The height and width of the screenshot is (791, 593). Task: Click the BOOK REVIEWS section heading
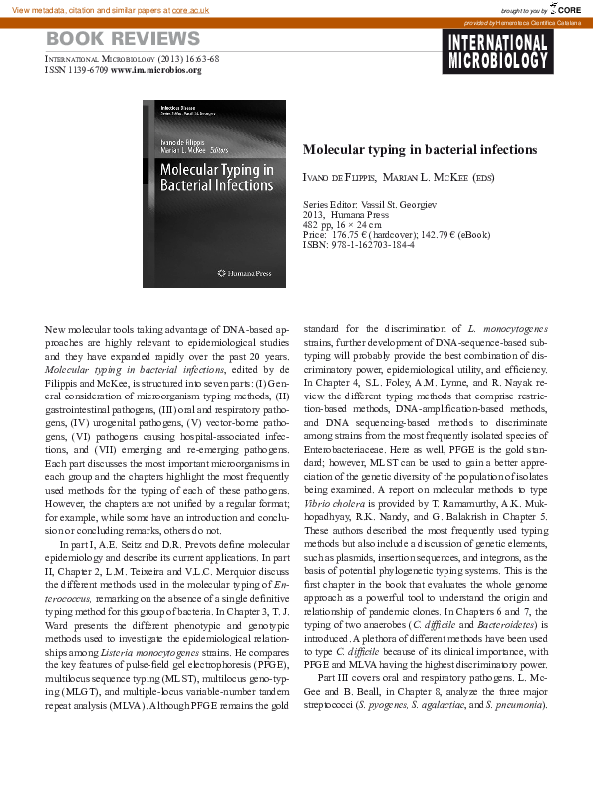[124, 40]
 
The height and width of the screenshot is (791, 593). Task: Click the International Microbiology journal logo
[496, 52]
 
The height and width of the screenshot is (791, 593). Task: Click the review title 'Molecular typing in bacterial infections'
[420, 149]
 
